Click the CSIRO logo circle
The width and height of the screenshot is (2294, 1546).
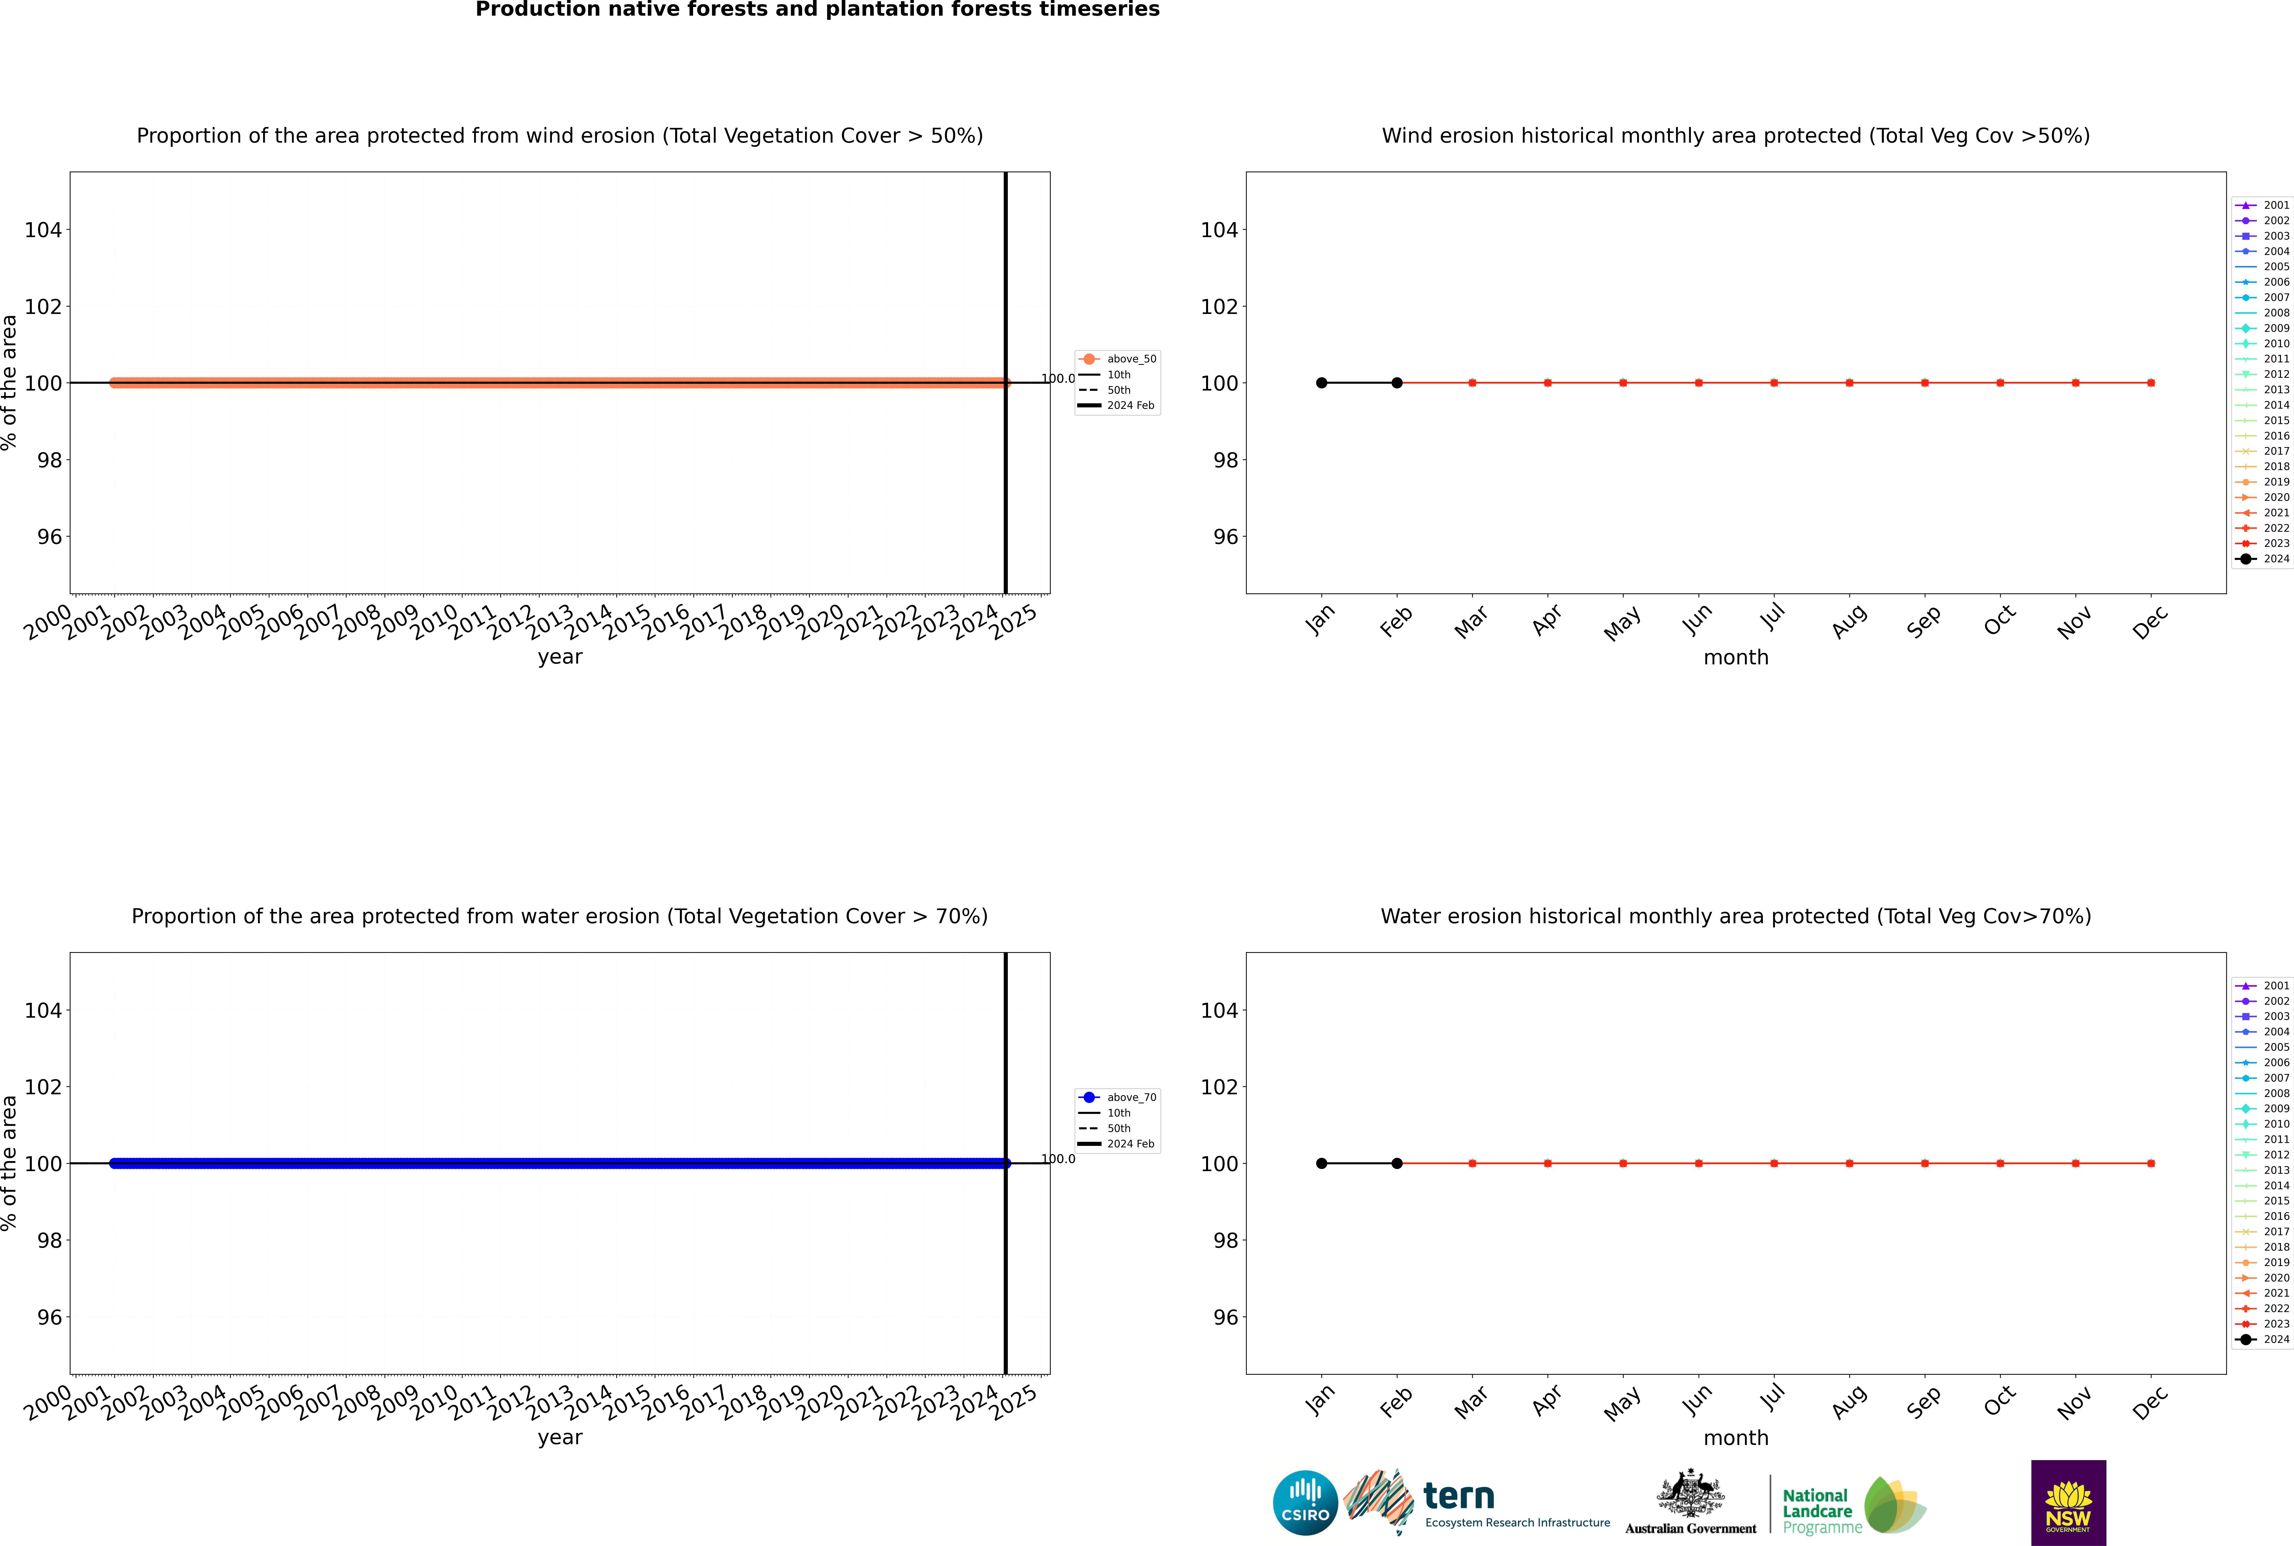[x=1305, y=1503]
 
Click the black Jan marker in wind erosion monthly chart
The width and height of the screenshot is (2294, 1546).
[x=1322, y=382]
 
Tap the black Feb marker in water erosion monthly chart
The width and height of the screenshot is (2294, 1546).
[x=1397, y=1164]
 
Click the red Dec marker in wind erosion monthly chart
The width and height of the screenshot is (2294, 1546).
[x=2151, y=382]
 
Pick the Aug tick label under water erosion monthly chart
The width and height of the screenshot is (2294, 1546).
[x=1848, y=1401]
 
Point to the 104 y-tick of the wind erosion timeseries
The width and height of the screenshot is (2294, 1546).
[x=42, y=230]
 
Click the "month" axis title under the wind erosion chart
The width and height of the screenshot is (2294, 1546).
[x=1736, y=658]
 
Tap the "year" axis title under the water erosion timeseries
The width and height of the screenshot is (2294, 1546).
[x=560, y=1438]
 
